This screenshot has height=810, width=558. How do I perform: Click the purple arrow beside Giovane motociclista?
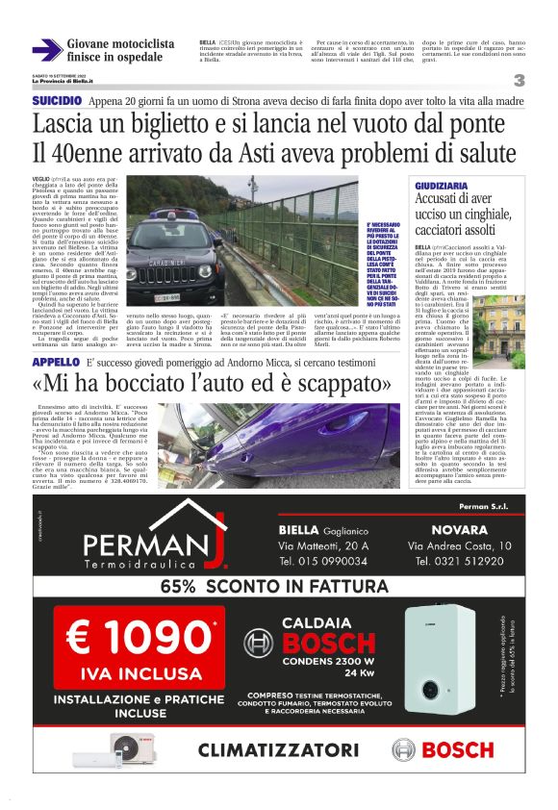click(x=46, y=50)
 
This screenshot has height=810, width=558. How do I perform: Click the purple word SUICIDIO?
click(x=57, y=101)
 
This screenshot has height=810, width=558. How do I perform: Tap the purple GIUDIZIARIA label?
click(x=442, y=183)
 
